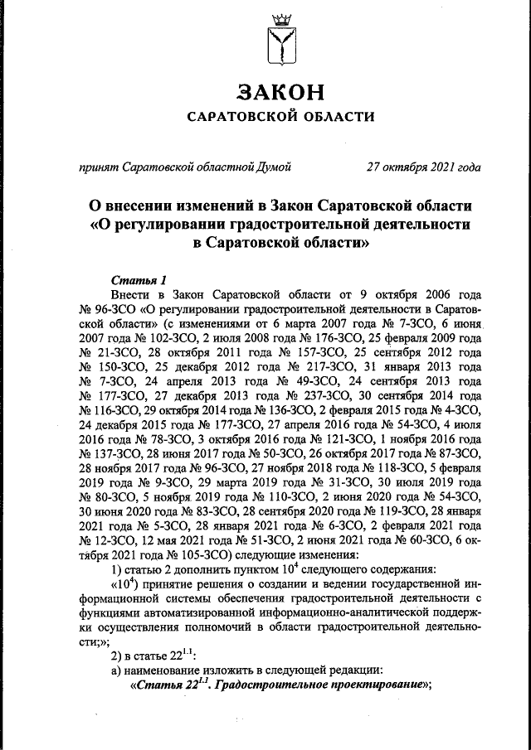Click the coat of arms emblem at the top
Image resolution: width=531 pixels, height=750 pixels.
point(278,46)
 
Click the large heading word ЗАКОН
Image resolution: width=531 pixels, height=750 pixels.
point(278,90)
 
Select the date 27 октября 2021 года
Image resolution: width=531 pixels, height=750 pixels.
point(424,167)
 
